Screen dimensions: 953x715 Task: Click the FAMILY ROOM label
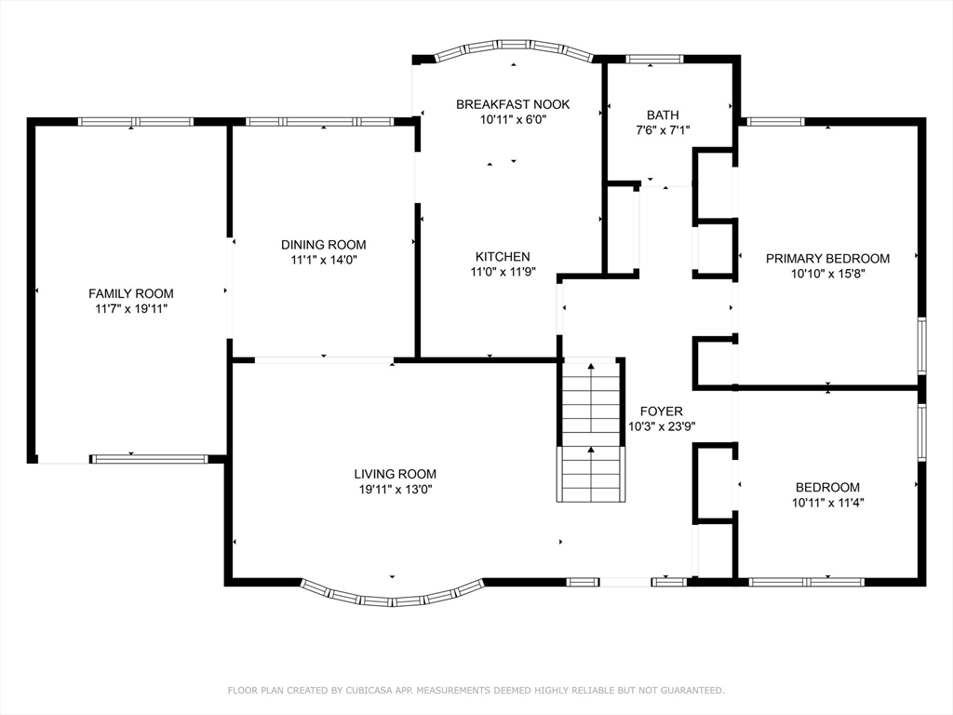click(131, 293)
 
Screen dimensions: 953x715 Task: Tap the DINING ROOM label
click(323, 245)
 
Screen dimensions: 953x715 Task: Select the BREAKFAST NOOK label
click(513, 104)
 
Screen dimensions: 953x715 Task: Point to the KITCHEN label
click(503, 257)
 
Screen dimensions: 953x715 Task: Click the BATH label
click(663, 115)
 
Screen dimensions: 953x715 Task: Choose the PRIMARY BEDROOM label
click(827, 259)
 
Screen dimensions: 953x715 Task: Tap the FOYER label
click(662, 411)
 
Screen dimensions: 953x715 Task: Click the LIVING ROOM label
click(395, 474)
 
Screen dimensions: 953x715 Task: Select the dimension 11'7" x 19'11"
click(131, 309)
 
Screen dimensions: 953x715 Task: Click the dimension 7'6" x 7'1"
click(663, 130)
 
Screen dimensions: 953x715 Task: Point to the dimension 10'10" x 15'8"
click(827, 274)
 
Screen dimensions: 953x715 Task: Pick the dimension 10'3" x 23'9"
click(662, 426)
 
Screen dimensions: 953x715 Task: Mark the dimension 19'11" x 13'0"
click(395, 490)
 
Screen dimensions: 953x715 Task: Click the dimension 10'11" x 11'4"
click(827, 503)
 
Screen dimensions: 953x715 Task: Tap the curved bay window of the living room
click(393, 600)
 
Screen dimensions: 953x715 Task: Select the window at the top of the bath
click(654, 59)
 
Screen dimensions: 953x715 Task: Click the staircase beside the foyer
click(591, 430)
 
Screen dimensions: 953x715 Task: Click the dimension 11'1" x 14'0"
click(323, 261)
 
